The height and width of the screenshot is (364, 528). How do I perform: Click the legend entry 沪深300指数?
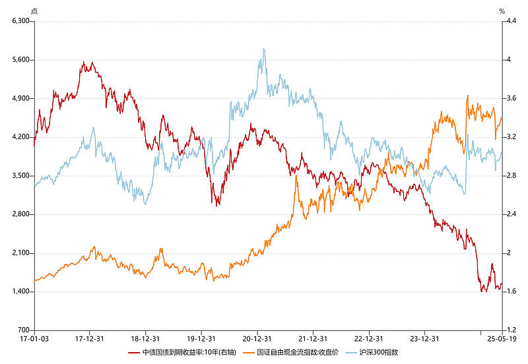pos(379,353)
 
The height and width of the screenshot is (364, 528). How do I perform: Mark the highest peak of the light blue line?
pos(264,49)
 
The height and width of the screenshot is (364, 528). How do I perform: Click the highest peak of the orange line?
pos(467,96)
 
